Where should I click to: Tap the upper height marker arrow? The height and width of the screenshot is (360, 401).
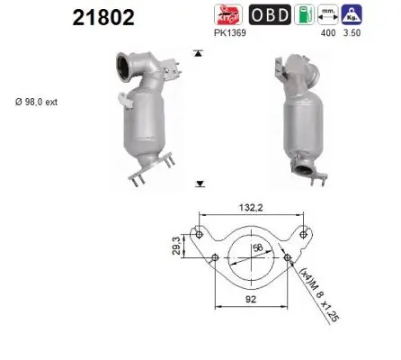198,54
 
